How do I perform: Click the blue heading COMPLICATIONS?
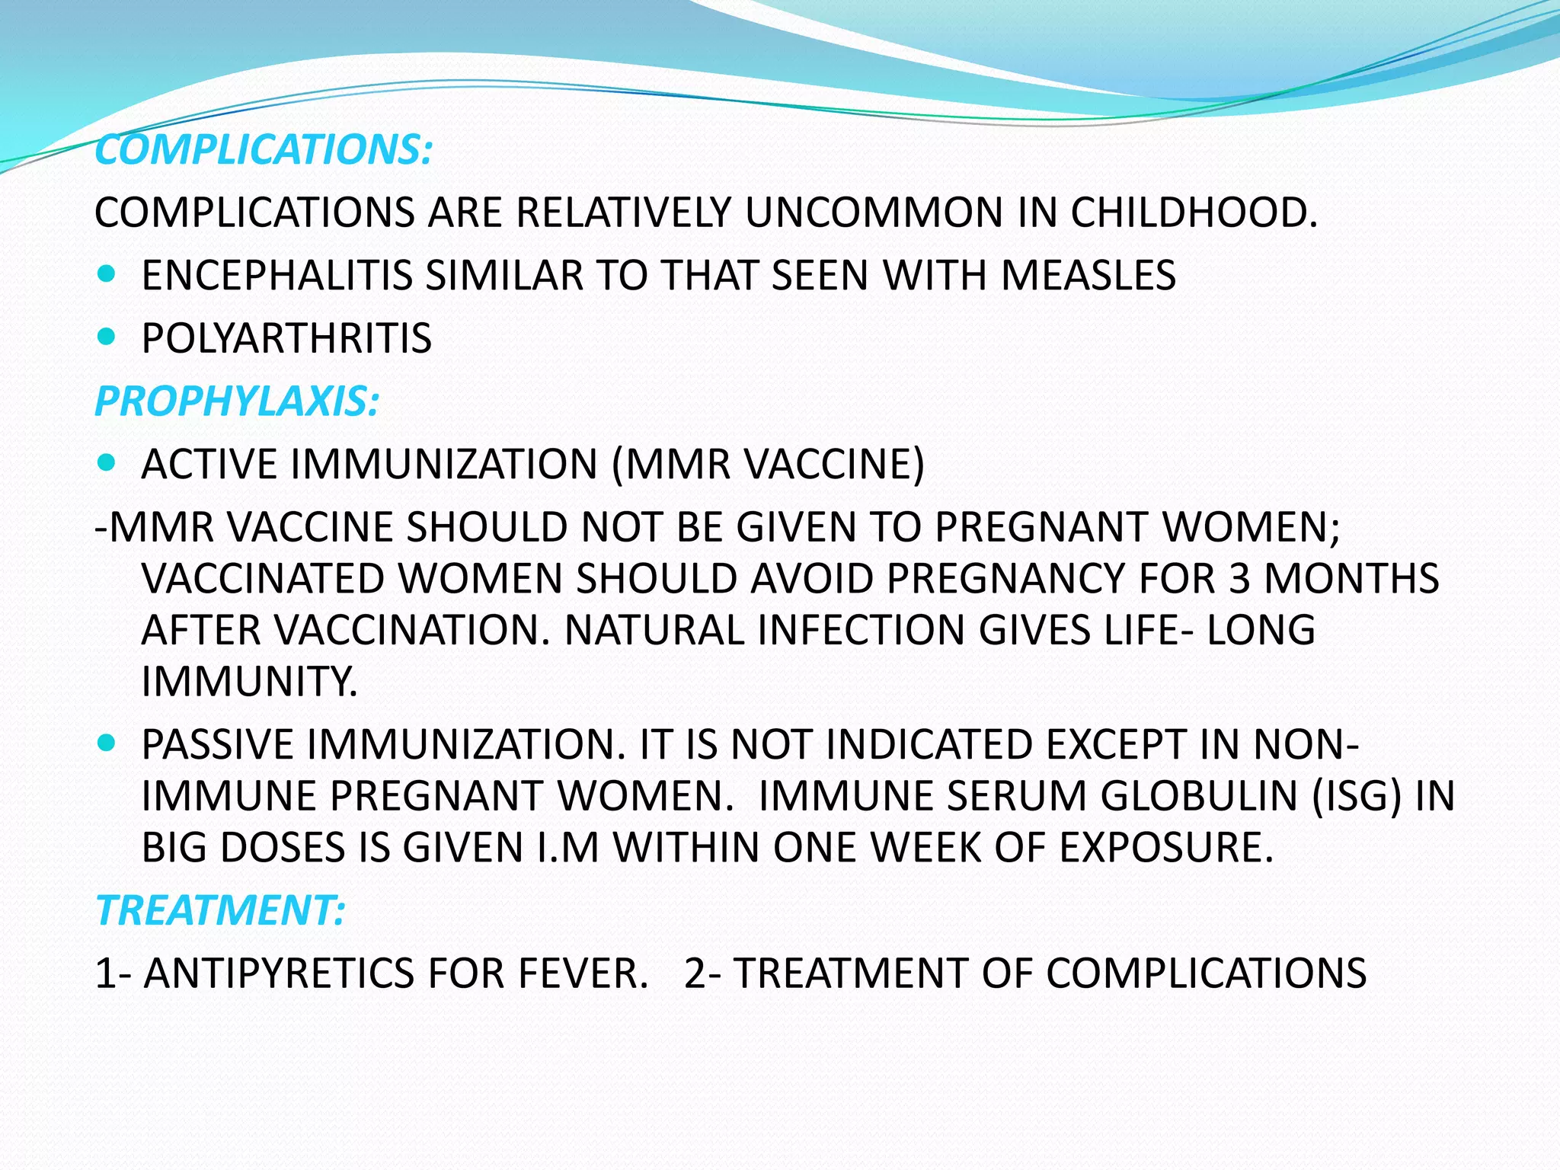pyautogui.click(x=264, y=149)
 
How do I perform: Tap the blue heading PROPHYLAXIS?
pyautogui.click(x=237, y=401)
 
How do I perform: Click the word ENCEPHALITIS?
pyautogui.click(x=277, y=275)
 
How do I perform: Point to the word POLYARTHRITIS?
pyautogui.click(x=286, y=338)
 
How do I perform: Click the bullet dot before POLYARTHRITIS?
pyautogui.click(x=107, y=336)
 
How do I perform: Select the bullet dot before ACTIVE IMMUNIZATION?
pyautogui.click(x=107, y=462)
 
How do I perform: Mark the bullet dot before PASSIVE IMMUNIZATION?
pyautogui.click(x=107, y=743)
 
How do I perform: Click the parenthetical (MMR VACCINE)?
pyautogui.click(x=768, y=464)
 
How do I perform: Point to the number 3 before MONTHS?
pyautogui.click(x=1240, y=578)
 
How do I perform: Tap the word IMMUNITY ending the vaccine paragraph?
pyautogui.click(x=249, y=681)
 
